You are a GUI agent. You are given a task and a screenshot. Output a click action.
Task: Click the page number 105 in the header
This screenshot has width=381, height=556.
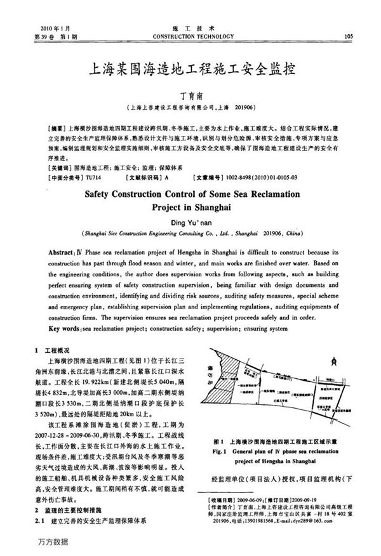click(347, 36)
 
